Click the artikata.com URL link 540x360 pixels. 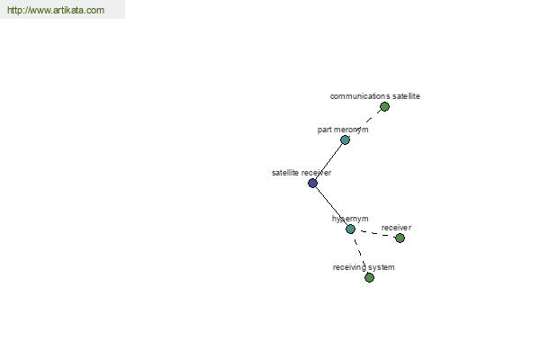click(56, 10)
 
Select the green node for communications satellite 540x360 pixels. click(384, 107)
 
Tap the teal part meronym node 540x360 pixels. click(345, 139)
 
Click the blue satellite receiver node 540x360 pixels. click(312, 183)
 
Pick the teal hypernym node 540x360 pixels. click(351, 229)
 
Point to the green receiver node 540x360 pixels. click(400, 238)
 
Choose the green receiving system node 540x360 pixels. click(369, 277)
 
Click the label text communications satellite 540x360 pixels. click(375, 96)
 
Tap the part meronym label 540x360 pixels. click(343, 130)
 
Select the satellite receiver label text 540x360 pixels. click(301, 173)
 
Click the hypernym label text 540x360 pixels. click(350, 219)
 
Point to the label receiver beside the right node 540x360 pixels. click(396, 228)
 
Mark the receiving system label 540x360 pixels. click(364, 267)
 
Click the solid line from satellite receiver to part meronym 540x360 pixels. click(328, 161)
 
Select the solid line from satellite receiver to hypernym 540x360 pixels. click(331, 206)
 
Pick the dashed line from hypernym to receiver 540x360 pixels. click(375, 234)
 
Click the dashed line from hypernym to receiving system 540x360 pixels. click(360, 253)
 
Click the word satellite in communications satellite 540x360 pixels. click(406, 96)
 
